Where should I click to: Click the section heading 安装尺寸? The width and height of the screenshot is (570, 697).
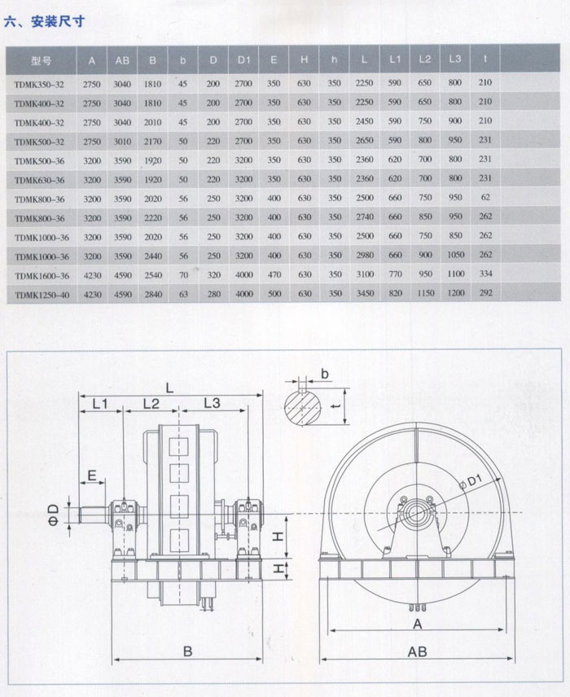57,21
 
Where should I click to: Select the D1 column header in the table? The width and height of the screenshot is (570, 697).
243,60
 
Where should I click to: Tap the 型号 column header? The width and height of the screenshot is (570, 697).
41,61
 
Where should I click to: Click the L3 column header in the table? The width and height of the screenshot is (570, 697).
455,59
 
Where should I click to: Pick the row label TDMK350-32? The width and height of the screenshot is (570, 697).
39,85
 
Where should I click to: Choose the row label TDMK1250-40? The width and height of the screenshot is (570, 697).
42,295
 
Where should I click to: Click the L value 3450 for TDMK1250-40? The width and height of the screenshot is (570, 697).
365,293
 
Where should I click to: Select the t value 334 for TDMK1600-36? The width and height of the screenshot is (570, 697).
485,274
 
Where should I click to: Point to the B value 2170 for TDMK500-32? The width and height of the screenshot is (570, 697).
152,142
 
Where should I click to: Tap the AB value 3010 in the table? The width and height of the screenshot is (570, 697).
122,142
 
